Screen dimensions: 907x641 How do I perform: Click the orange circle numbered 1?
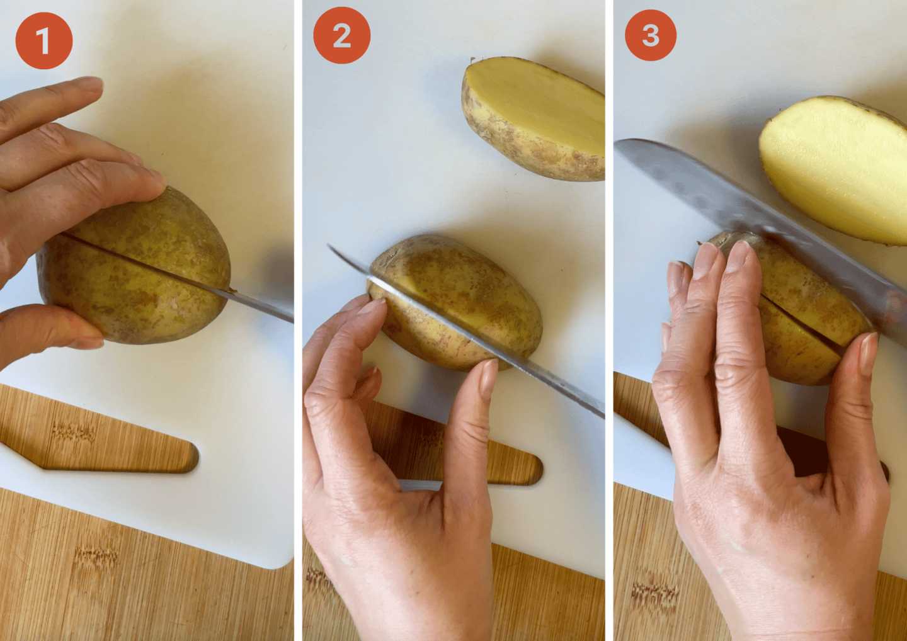click(43, 40)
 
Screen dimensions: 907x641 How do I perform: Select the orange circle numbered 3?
click(650, 35)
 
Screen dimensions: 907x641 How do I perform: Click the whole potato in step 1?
click(134, 267)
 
